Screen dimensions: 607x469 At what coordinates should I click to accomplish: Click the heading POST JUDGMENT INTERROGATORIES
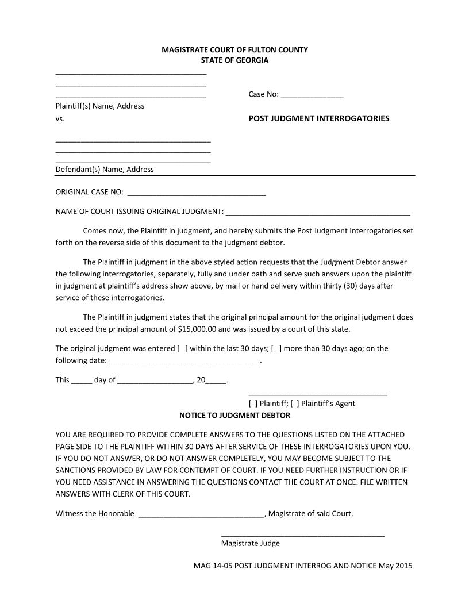pyautogui.click(x=318, y=118)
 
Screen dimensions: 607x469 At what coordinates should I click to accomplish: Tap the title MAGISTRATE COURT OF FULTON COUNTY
pyautogui.click(x=234, y=50)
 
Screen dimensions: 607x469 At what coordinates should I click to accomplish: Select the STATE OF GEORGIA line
pyautogui.click(x=234, y=60)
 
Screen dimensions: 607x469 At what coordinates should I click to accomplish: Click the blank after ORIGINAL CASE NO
pyautogui.click(x=196, y=193)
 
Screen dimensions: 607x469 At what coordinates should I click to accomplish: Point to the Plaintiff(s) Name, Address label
pyautogui.click(x=100, y=106)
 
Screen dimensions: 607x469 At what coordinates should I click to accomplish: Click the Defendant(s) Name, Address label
pyautogui.click(x=105, y=170)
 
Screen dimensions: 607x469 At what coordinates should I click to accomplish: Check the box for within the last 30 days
pyautogui.click(x=183, y=348)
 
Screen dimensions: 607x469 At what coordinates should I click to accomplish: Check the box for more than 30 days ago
pyautogui.click(x=276, y=348)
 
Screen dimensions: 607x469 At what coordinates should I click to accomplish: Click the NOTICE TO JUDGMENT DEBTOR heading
pyautogui.click(x=234, y=415)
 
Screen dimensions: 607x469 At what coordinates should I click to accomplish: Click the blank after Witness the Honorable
pyautogui.click(x=201, y=514)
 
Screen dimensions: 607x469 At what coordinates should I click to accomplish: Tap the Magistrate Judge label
pyautogui.click(x=251, y=543)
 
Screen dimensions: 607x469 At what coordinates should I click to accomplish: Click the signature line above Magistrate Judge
pyautogui.click(x=302, y=535)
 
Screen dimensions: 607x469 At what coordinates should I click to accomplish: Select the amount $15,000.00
pyautogui.click(x=197, y=329)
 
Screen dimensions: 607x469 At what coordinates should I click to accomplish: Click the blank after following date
pyautogui.click(x=184, y=362)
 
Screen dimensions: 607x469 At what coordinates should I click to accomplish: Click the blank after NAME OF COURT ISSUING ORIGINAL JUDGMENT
pyautogui.click(x=318, y=212)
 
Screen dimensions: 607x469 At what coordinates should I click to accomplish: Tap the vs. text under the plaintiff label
pyautogui.click(x=60, y=119)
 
